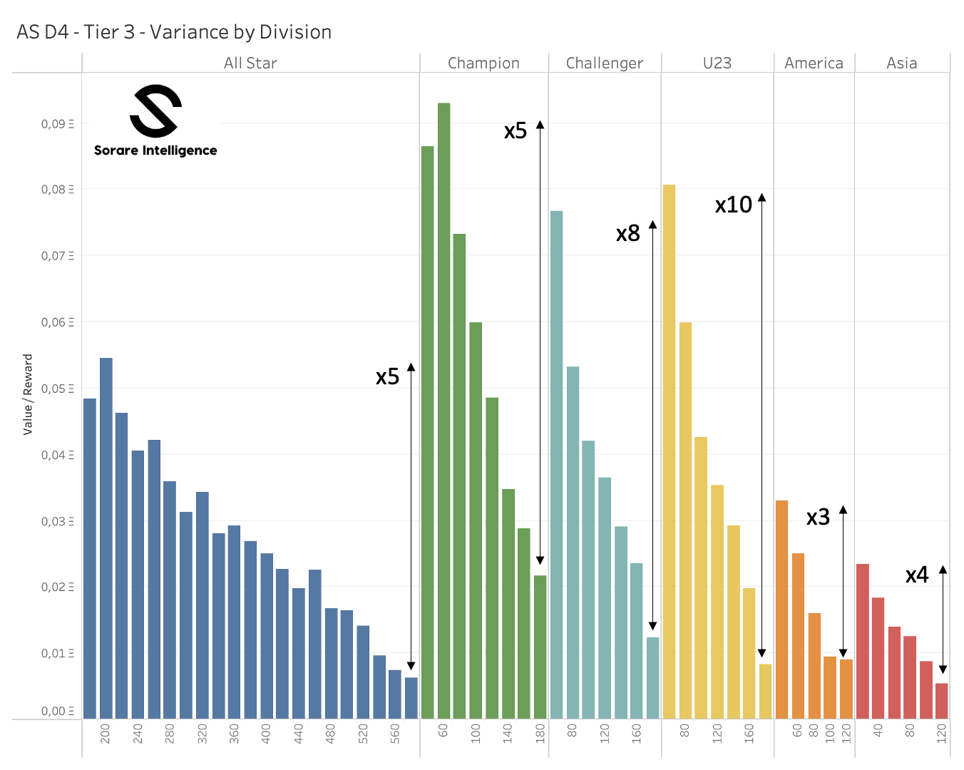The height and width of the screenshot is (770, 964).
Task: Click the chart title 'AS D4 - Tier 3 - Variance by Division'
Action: (174, 32)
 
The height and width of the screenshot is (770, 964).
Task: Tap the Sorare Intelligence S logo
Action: (155, 111)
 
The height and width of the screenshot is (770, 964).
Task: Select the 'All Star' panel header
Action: (250, 63)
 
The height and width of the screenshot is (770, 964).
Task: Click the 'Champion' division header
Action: (483, 63)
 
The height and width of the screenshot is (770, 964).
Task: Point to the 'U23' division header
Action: (717, 63)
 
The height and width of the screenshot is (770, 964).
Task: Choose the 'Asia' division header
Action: (901, 63)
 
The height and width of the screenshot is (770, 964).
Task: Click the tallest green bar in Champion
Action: (443, 410)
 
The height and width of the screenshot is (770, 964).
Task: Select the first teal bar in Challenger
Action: (556, 463)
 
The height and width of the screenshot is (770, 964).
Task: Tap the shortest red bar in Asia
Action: (941, 701)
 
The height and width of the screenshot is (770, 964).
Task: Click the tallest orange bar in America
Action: (781, 610)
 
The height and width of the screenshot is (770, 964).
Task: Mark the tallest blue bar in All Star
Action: (106, 538)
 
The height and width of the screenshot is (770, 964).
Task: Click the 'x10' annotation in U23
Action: (734, 205)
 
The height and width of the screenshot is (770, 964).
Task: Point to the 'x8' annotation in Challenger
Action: (627, 234)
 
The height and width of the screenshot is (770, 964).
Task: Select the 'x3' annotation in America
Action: (818, 518)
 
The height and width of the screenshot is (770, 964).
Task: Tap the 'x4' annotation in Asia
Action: (917, 575)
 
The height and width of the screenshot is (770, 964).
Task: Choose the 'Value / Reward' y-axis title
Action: (28, 394)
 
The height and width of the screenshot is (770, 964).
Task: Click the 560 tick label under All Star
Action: (395, 734)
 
